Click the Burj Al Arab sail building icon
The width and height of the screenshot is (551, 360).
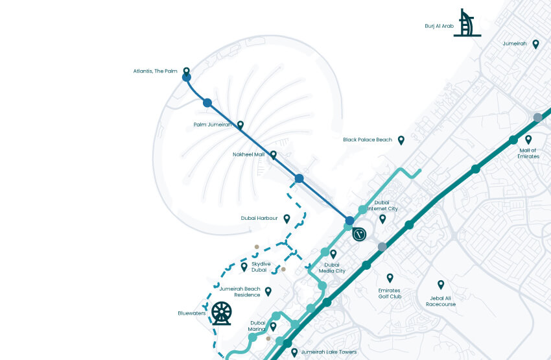pyautogui.click(x=467, y=23)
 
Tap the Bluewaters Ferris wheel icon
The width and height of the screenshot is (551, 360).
pyautogui.click(x=221, y=314)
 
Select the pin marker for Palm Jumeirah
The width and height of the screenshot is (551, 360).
pyautogui.click(x=240, y=125)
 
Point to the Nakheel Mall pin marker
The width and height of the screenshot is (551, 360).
pyautogui.click(x=274, y=155)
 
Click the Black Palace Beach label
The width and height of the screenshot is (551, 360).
pyautogui.click(x=368, y=139)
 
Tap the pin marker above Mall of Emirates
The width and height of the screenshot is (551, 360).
pyautogui.click(x=528, y=139)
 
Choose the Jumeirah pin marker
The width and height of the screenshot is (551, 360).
pyautogui.click(x=535, y=44)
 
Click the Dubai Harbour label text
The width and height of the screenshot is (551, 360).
pyautogui.click(x=259, y=219)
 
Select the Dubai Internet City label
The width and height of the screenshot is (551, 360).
pyautogui.click(x=382, y=206)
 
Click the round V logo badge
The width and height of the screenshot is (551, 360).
pyautogui.click(x=360, y=235)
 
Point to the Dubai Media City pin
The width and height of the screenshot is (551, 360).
pyautogui.click(x=333, y=254)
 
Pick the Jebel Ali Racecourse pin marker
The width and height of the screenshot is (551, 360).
pyautogui.click(x=441, y=284)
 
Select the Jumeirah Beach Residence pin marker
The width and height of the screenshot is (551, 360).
pyautogui.click(x=268, y=291)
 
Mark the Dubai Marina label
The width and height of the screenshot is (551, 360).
pyautogui.click(x=257, y=326)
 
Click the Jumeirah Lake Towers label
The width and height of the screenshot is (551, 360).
pyautogui.click(x=329, y=352)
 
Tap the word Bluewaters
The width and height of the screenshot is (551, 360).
pyautogui.click(x=191, y=313)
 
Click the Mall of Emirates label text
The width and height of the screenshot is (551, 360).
pyautogui.click(x=528, y=153)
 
